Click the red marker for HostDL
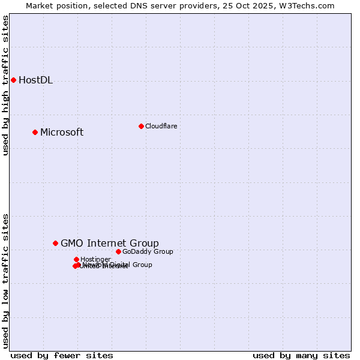click(13, 80)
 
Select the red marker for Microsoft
click(35, 132)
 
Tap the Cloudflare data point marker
click(141, 126)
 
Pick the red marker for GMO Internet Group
click(55, 243)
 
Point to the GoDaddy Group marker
click(118, 251)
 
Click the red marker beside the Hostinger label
click(76, 259)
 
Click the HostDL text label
click(35, 80)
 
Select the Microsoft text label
click(62, 133)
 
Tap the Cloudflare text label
click(161, 126)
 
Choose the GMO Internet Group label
click(110, 243)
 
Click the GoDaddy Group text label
click(148, 251)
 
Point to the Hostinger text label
click(95, 259)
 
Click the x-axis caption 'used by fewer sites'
click(62, 355)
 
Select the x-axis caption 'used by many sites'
click(301, 355)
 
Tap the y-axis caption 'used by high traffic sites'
click(6, 85)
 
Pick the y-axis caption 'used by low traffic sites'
click(6, 280)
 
